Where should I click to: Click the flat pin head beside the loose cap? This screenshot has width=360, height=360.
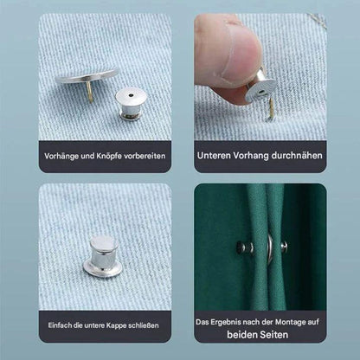coord(86,76)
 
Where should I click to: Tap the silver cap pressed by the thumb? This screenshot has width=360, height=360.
coord(260,87)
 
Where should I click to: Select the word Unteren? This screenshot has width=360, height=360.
coord(215,157)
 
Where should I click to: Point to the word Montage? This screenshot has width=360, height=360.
coord(293,321)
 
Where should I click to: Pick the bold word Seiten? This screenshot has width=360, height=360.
coord(281,334)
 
